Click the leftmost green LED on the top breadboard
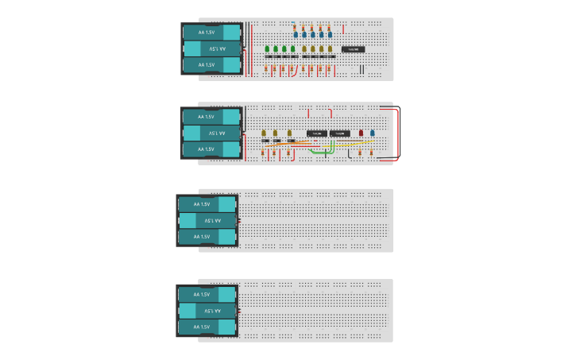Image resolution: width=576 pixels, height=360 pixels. [266, 48]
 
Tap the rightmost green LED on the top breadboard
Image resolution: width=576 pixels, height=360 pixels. [294, 48]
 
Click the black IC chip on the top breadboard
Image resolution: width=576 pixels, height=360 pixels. [353, 49]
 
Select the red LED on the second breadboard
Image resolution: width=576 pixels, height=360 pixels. [361, 133]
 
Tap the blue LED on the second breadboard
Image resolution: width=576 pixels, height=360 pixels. [372, 133]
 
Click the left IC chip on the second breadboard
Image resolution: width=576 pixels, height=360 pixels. [317, 132]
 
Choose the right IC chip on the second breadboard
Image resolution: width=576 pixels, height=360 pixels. [340, 132]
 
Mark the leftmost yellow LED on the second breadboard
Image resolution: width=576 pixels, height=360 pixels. [264, 133]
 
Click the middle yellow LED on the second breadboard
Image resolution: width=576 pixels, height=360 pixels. [276, 133]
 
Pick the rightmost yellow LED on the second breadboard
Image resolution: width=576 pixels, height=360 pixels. [288, 133]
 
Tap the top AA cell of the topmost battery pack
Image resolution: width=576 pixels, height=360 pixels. [211, 32]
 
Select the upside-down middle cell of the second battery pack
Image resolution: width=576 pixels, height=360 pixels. [211, 133]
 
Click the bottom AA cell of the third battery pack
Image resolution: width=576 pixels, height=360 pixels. [207, 237]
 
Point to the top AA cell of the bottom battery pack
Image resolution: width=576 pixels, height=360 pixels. [207, 294]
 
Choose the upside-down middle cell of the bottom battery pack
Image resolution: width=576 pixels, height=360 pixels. [207, 311]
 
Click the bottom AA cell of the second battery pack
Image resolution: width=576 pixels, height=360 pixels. [211, 149]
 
